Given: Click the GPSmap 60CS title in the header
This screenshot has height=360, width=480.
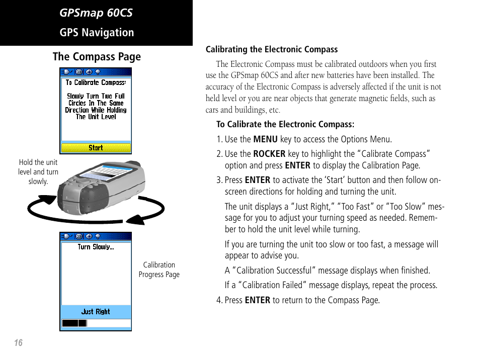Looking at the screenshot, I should coord(96,13).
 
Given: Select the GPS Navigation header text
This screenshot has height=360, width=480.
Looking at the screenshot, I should coord(97,33).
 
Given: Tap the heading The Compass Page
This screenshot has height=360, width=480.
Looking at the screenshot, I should coord(97,57).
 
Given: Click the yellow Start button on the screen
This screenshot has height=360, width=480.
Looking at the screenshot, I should coord(96,148).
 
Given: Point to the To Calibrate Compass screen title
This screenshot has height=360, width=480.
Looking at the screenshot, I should coord(96,82).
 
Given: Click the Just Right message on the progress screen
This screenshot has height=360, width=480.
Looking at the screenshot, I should coord(96,312).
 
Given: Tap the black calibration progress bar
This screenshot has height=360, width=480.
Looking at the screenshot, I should coord(74,323).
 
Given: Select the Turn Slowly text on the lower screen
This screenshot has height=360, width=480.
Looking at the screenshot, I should coord(96,247).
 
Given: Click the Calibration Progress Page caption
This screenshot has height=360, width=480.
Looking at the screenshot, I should coord(159,269).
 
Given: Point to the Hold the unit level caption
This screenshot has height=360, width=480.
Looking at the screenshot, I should coord(38,171).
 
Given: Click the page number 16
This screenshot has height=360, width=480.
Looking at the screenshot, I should coord(18,343).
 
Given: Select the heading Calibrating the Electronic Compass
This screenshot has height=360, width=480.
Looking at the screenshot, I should coord(272,49).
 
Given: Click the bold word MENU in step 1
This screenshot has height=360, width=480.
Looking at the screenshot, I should coord(265,139).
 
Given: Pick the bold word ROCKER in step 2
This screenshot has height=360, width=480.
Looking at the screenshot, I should coord(269,154).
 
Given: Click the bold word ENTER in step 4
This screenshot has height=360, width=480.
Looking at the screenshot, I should coord(257,300).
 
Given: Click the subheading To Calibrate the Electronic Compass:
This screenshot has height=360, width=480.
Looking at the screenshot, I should coord(285,124).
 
